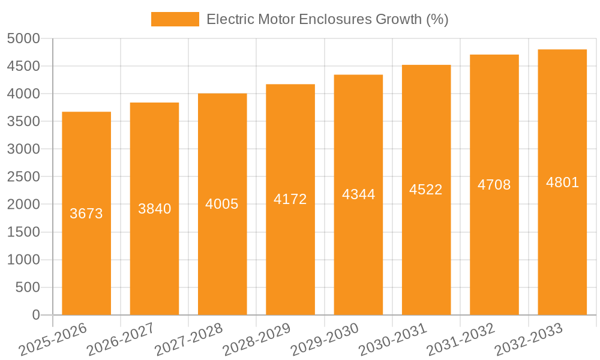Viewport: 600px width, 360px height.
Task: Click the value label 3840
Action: (x=155, y=209)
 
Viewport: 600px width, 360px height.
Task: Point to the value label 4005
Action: (x=222, y=204)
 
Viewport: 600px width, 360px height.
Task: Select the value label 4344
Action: (x=358, y=194)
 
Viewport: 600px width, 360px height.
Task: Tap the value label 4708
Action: (x=494, y=185)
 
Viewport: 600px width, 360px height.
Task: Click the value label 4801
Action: (x=562, y=182)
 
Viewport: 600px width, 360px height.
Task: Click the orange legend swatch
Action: (x=175, y=19)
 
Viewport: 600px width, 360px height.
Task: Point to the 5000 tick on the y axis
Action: (x=23, y=38)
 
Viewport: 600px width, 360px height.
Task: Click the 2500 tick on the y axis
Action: (x=23, y=177)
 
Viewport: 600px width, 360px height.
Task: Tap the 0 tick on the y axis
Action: (x=35, y=315)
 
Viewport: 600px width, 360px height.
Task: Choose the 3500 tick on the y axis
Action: (x=23, y=121)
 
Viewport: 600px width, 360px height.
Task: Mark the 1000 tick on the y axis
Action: (x=23, y=260)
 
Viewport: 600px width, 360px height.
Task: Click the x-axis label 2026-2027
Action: (x=121, y=339)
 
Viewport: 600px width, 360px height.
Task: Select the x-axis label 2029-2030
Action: (x=325, y=339)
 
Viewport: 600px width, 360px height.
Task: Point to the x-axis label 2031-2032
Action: (x=460, y=339)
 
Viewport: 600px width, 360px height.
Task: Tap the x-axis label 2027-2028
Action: (x=188, y=339)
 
